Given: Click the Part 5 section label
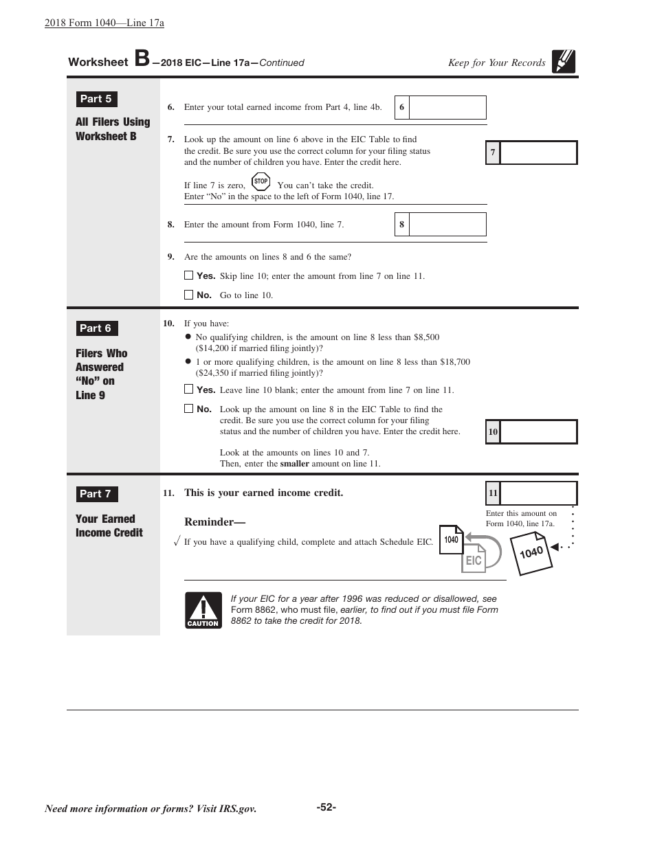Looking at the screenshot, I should (96, 99).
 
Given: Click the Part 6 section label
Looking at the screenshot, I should (96, 328).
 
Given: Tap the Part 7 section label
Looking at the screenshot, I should (96, 494).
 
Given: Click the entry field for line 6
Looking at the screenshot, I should (447, 107).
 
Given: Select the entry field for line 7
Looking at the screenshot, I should (538, 153).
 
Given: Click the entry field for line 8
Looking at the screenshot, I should (447, 225).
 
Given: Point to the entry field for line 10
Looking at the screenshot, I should (538, 432).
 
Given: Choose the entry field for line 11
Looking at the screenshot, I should (538, 493).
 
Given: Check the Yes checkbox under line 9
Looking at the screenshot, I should (189, 275).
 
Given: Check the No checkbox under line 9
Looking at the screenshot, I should (189, 295).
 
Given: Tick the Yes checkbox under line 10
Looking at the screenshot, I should (189, 389).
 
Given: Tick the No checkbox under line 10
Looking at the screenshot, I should (189, 408).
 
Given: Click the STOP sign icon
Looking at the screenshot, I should (261, 182).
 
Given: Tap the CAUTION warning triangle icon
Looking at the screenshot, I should (203, 610).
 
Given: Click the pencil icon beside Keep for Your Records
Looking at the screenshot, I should (564, 62).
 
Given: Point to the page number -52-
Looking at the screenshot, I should (326, 807).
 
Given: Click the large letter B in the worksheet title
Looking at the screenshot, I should (142, 59).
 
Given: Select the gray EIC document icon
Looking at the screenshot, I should (474, 559).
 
